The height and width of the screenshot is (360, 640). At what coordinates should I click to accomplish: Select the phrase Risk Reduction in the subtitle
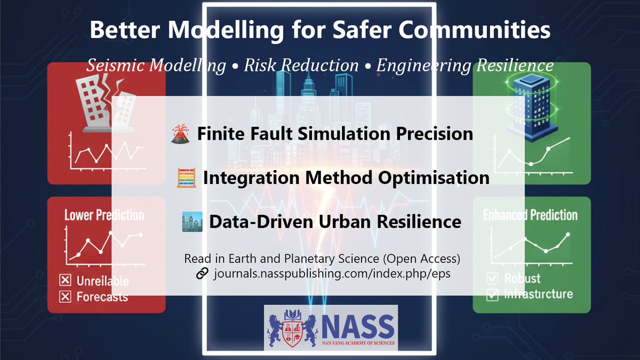[x=301, y=65]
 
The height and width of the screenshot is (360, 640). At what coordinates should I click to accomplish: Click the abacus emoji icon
[x=185, y=178]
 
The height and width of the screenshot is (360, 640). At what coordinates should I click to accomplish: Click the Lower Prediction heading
[x=104, y=215]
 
